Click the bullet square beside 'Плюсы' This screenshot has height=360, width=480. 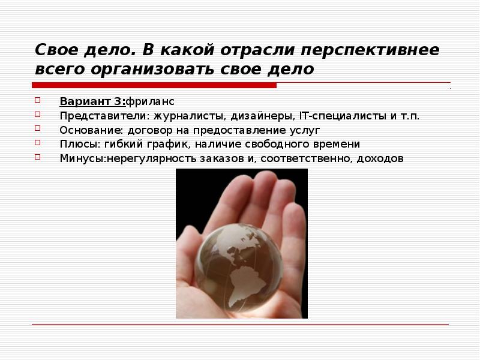click(x=37, y=143)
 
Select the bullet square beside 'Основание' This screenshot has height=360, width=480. click(x=37, y=128)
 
